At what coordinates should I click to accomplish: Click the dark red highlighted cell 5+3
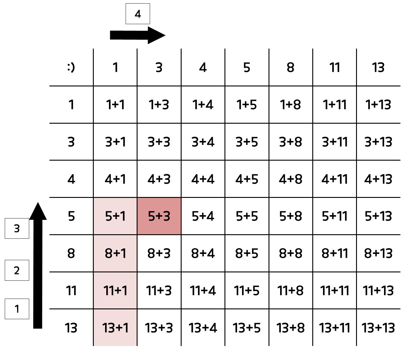159,216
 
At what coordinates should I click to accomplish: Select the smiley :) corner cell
71,67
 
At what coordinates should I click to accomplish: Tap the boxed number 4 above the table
138,14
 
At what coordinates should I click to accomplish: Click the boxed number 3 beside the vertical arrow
17,229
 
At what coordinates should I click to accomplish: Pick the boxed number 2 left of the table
17,270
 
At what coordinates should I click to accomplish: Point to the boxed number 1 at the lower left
17,309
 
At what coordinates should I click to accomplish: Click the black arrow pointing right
137,35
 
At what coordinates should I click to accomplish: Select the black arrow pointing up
38,265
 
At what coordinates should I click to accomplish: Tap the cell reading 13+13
378,328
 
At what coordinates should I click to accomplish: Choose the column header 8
291,67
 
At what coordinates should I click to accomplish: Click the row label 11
71,291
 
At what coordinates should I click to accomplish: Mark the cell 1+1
115,105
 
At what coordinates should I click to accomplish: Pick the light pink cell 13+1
115,328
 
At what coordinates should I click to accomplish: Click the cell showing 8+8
291,253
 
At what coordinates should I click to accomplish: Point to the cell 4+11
335,179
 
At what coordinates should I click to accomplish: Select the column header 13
378,67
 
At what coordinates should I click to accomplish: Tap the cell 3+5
247,142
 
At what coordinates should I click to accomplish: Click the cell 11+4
203,291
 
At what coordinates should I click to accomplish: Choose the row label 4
71,179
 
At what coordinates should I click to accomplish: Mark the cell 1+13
378,105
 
